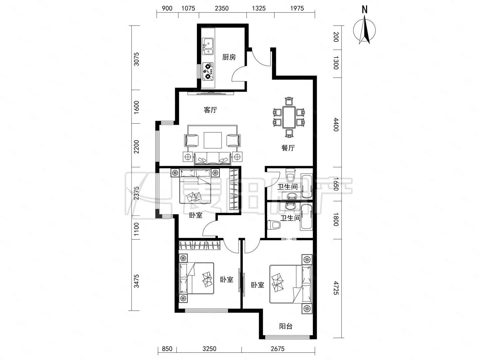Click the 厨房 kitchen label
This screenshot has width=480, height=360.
pyautogui.click(x=229, y=57)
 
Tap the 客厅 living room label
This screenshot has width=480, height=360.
pyautogui.click(x=210, y=110)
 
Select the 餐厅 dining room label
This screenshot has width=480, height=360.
pyautogui.click(x=288, y=148)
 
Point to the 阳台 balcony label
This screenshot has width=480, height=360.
pyautogui.click(x=286, y=326)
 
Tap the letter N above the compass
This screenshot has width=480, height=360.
pyautogui.click(x=364, y=9)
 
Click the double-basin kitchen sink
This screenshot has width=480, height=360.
pyautogui.click(x=208, y=46)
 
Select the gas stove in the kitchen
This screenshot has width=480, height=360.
pyautogui.click(x=208, y=71)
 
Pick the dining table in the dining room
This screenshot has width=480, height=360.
pyautogui.click(x=289, y=117)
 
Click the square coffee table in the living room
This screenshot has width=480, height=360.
pyautogui.click(x=213, y=140)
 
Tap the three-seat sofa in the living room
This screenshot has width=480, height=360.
pyautogui.click(x=213, y=159)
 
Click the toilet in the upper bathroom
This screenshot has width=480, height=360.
pyautogui.click(x=291, y=175)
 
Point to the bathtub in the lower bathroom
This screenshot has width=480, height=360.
pyautogui.click(x=306, y=217)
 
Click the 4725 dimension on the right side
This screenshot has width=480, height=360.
pyautogui.click(x=336, y=288)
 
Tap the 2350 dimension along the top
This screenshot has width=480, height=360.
pyautogui.click(x=222, y=8)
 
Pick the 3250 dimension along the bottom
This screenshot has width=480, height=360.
pyautogui.click(x=209, y=349)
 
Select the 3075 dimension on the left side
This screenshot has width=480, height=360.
pyautogui.click(x=136, y=59)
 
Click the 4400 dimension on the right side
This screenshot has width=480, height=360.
pyautogui.click(x=336, y=124)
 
